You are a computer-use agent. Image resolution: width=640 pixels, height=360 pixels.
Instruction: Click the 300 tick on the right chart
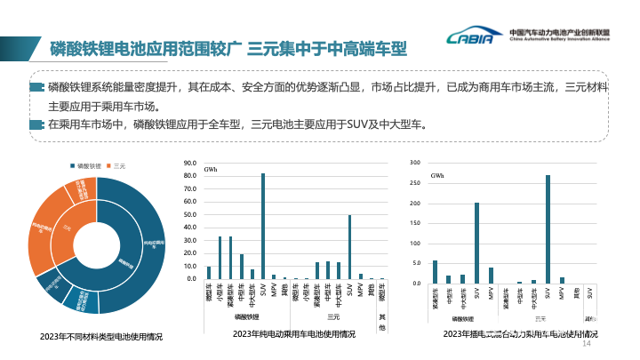coord(414,163)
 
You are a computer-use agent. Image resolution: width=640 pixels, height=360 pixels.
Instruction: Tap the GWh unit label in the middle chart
coord(211,169)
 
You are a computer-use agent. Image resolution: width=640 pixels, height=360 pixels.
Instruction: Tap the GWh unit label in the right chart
coord(436,176)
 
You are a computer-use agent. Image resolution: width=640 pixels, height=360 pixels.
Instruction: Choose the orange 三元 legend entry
coord(117,166)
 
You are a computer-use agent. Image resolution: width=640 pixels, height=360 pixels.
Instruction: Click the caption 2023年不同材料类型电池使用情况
coord(101,337)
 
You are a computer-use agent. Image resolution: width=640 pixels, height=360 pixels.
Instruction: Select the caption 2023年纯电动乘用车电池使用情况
coord(293,334)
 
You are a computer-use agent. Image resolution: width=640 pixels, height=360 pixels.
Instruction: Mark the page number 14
coord(586,343)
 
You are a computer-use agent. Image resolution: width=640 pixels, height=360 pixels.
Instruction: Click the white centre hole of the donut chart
coord(97,241)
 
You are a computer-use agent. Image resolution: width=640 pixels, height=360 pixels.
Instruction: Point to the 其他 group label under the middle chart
coord(383,323)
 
